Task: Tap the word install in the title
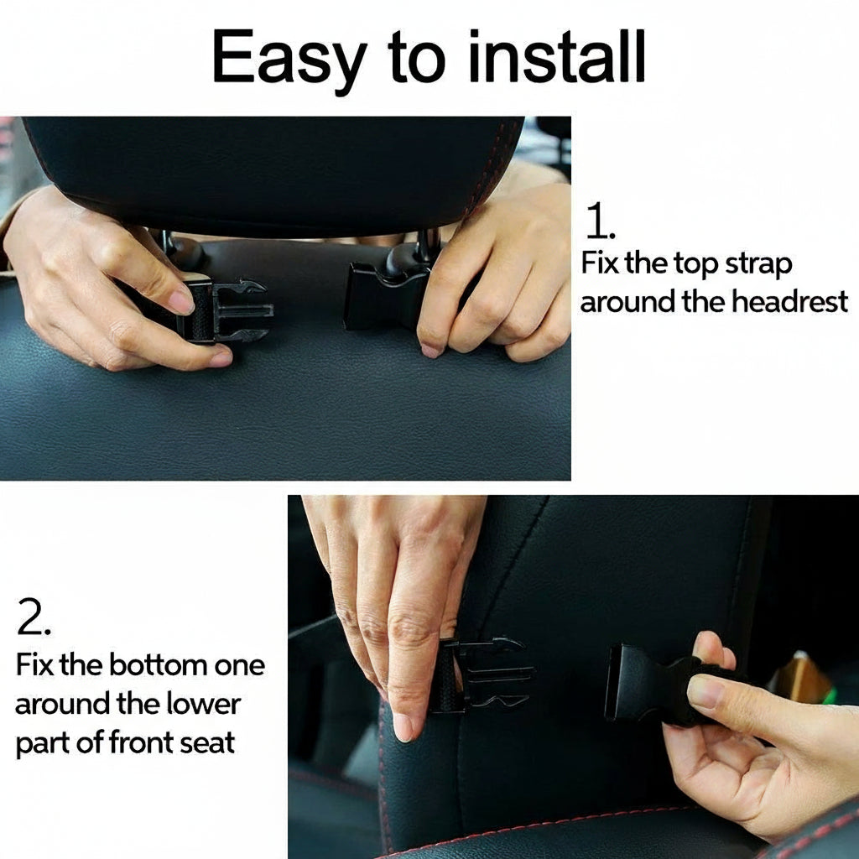tap(557, 56)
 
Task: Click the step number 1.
tap(600, 221)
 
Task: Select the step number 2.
tap(34, 617)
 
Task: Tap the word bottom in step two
tap(159, 665)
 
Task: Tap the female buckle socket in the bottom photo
tap(647, 683)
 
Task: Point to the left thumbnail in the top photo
tap(221, 359)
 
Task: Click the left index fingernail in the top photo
tap(181, 301)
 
